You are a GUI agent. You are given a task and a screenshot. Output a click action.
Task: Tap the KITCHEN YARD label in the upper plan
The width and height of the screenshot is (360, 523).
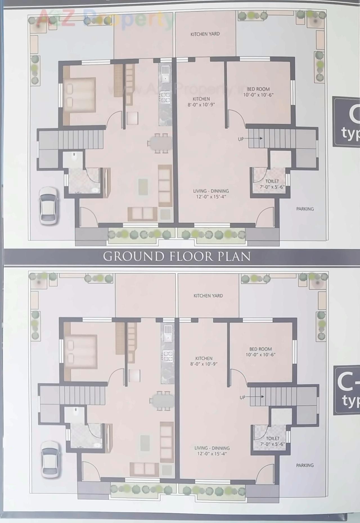point(205,34)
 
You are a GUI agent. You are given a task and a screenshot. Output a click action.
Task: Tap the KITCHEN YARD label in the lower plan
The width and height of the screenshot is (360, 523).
point(208,296)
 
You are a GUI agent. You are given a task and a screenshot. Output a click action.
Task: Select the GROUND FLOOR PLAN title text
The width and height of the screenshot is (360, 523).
point(177,256)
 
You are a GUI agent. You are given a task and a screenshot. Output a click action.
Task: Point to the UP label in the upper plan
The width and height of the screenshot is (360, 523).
point(241,139)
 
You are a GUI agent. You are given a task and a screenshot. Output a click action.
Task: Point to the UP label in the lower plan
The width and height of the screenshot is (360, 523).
point(242,397)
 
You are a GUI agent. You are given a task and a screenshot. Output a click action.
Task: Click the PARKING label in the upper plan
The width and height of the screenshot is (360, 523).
point(305,209)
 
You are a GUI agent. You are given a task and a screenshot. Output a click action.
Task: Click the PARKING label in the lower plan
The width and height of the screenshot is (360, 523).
point(305,465)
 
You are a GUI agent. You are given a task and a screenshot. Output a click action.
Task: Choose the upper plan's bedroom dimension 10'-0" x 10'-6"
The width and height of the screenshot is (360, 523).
point(258,95)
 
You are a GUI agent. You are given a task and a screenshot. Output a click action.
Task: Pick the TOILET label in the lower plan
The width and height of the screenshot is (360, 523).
point(273,438)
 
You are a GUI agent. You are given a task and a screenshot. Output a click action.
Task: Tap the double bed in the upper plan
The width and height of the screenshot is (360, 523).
point(79,96)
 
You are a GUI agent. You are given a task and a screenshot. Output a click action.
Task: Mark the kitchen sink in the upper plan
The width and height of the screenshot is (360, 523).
point(165,73)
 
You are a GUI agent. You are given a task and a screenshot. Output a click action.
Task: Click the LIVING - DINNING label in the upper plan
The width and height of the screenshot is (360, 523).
point(211,191)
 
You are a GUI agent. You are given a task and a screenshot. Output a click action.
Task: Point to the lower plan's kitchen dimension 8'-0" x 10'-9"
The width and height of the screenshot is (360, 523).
point(204,364)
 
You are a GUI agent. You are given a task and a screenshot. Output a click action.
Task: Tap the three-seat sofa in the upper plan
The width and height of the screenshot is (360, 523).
point(165,186)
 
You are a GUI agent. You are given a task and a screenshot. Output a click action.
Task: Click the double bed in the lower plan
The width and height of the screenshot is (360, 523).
point(81,352)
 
